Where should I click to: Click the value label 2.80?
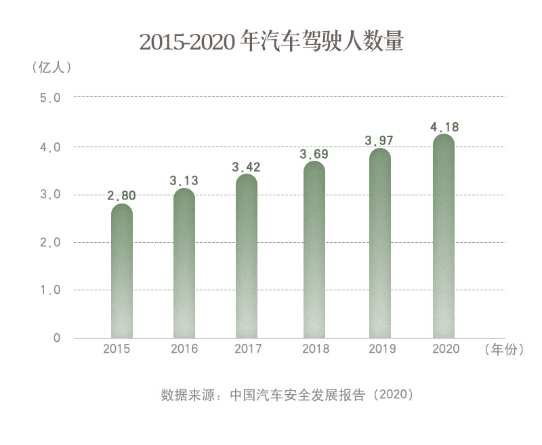pos(122,195)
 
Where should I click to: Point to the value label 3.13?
pos(184,180)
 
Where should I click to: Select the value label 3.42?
pos(247,166)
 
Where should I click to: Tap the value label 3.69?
pos(314,154)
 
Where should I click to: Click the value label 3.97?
pos(379,140)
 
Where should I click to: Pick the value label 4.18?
pos(444,127)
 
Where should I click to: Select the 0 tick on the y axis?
pos(57,338)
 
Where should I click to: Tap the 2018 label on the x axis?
pos(315,349)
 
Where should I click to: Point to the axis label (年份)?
pos(505,349)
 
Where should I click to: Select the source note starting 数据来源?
pos(287,394)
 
